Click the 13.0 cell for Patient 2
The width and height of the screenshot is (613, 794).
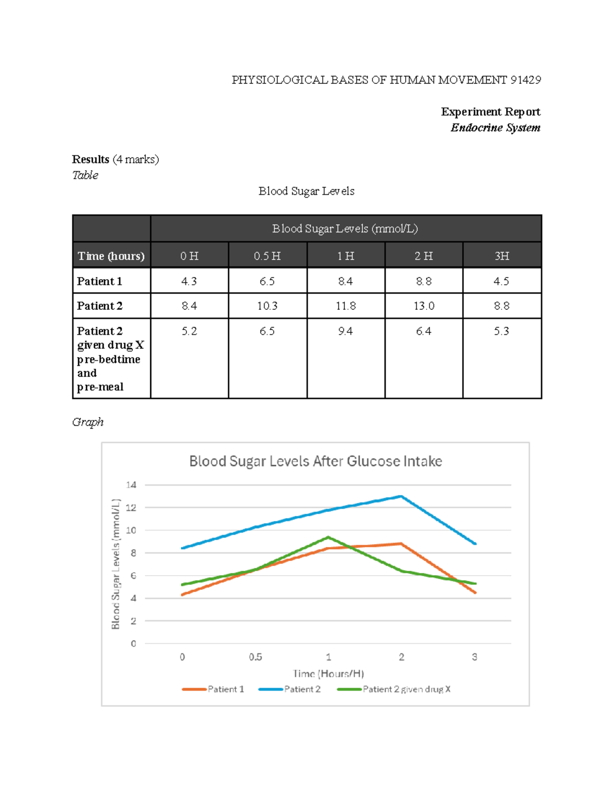point(423,306)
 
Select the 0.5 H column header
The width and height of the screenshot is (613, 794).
point(267,256)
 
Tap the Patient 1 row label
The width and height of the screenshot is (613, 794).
point(100,281)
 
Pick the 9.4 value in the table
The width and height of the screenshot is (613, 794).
point(345,331)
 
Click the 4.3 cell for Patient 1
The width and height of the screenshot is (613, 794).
point(189,281)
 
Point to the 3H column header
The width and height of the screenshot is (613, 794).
point(502,256)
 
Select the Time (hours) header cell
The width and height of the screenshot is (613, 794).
point(111,256)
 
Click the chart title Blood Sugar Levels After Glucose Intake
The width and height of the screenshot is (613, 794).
point(315,461)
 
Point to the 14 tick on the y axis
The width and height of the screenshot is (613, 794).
point(131,485)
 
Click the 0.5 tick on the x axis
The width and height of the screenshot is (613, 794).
point(255,657)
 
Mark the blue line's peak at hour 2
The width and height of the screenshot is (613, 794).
point(402,496)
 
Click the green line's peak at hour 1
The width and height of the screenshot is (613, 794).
point(328,537)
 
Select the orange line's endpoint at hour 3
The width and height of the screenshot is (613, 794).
point(475,593)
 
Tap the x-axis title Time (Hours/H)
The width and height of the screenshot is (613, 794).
point(328,673)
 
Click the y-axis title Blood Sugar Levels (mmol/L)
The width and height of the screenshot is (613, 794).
point(116,564)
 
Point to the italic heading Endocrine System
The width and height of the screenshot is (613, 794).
point(495,128)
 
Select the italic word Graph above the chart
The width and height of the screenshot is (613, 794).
point(88,422)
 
